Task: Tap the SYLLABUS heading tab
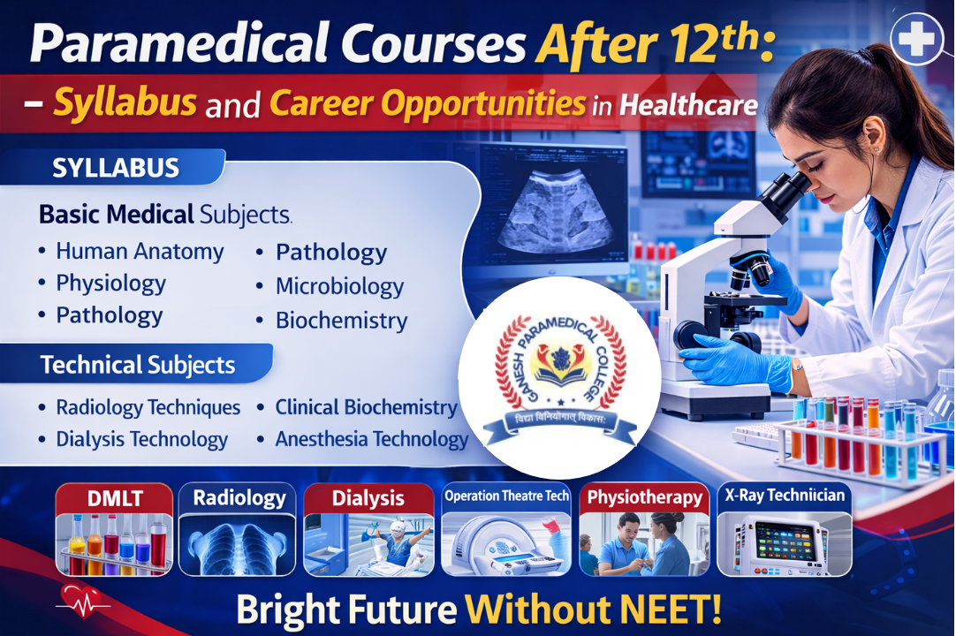click(x=116, y=167)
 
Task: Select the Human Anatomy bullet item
click(x=140, y=252)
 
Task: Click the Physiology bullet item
click(x=110, y=284)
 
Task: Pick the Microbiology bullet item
click(x=339, y=286)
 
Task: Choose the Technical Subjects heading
click(x=138, y=365)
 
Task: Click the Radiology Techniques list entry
click(x=148, y=407)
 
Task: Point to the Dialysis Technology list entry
click(x=141, y=439)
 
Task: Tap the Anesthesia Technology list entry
click(x=371, y=439)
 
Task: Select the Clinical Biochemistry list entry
click(x=366, y=407)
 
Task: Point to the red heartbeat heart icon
click(x=77, y=599)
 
